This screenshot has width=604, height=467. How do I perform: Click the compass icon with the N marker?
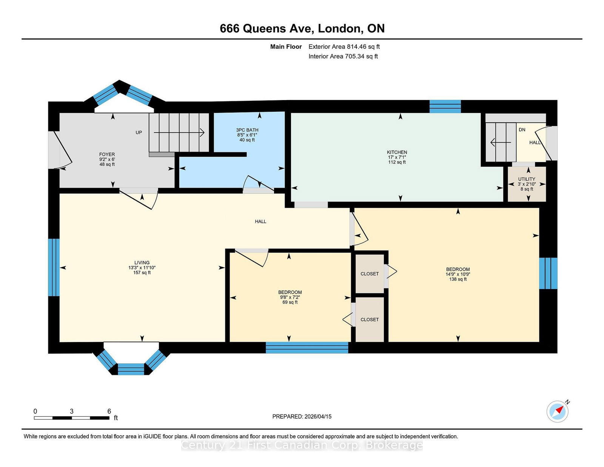tap(557, 412)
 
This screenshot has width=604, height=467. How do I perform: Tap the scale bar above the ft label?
tap(72, 418)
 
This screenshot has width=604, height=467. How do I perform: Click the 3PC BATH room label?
tap(247, 130)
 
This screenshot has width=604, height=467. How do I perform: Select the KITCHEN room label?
tap(397, 152)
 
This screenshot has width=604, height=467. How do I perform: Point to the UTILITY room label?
tap(527, 179)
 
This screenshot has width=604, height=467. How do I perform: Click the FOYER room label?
tap(107, 154)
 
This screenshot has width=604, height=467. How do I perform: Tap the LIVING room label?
tap(142, 262)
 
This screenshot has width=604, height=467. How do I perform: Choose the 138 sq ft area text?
tap(458, 279)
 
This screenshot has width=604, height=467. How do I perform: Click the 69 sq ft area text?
tap(290, 302)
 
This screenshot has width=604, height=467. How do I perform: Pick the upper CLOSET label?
tap(370, 274)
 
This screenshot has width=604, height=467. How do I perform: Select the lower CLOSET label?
tap(370, 320)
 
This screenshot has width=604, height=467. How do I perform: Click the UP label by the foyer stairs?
tap(139, 133)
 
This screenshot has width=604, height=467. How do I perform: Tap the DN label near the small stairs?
tap(522, 129)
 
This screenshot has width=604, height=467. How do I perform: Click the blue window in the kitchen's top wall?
tap(445, 106)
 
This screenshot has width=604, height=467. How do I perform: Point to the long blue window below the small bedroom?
tap(307, 347)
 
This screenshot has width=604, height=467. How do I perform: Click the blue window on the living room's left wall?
tap(54, 267)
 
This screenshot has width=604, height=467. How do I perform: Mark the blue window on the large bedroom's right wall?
tap(548, 273)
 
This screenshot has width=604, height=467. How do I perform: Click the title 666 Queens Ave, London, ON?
tap(302, 28)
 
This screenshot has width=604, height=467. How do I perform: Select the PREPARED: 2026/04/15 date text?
tap(302, 416)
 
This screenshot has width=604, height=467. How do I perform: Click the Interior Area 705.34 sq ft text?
tap(343, 56)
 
